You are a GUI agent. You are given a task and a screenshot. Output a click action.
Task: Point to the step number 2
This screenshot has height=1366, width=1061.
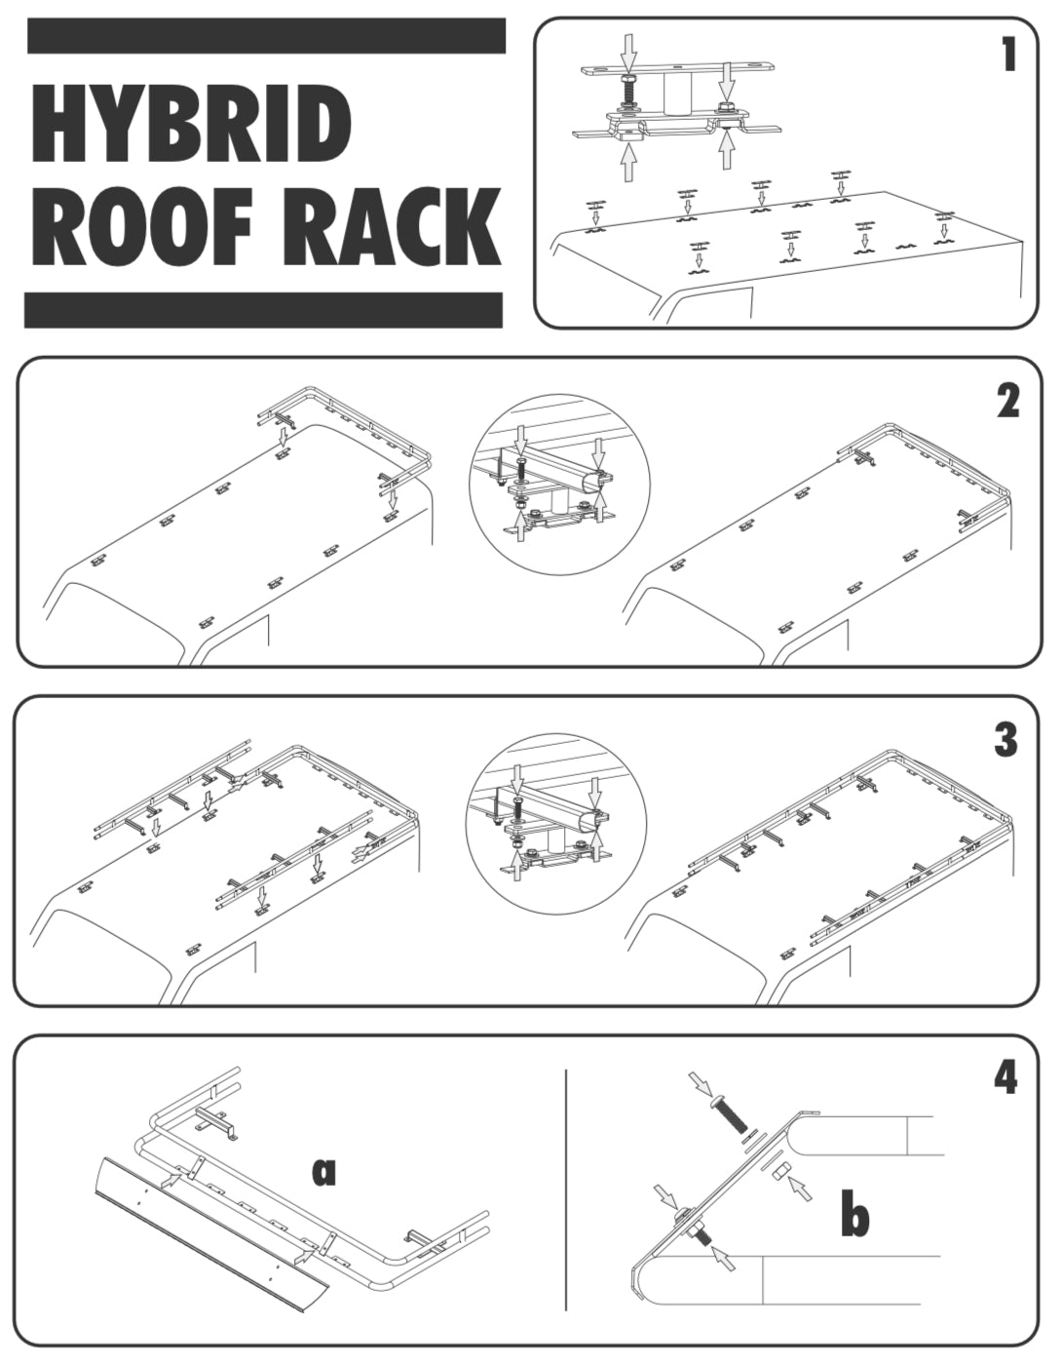click(1007, 400)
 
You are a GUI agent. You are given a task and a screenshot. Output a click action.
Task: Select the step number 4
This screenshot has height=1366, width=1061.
click(1005, 1077)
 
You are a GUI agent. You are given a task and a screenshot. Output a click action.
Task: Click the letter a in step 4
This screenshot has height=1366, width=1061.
click(323, 1172)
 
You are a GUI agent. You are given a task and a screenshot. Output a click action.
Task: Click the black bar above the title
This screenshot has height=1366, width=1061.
click(266, 36)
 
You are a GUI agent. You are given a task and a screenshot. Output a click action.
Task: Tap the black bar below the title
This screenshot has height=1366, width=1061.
click(263, 310)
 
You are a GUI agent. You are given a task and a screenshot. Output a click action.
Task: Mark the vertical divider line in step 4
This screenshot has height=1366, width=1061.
click(566, 1190)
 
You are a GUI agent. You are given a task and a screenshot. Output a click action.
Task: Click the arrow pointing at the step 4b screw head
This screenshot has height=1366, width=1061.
click(699, 1082)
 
